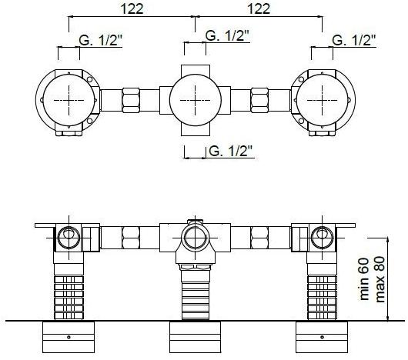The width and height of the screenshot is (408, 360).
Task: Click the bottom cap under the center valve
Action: [196, 336]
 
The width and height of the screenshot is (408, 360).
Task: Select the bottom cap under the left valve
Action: [69, 336]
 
